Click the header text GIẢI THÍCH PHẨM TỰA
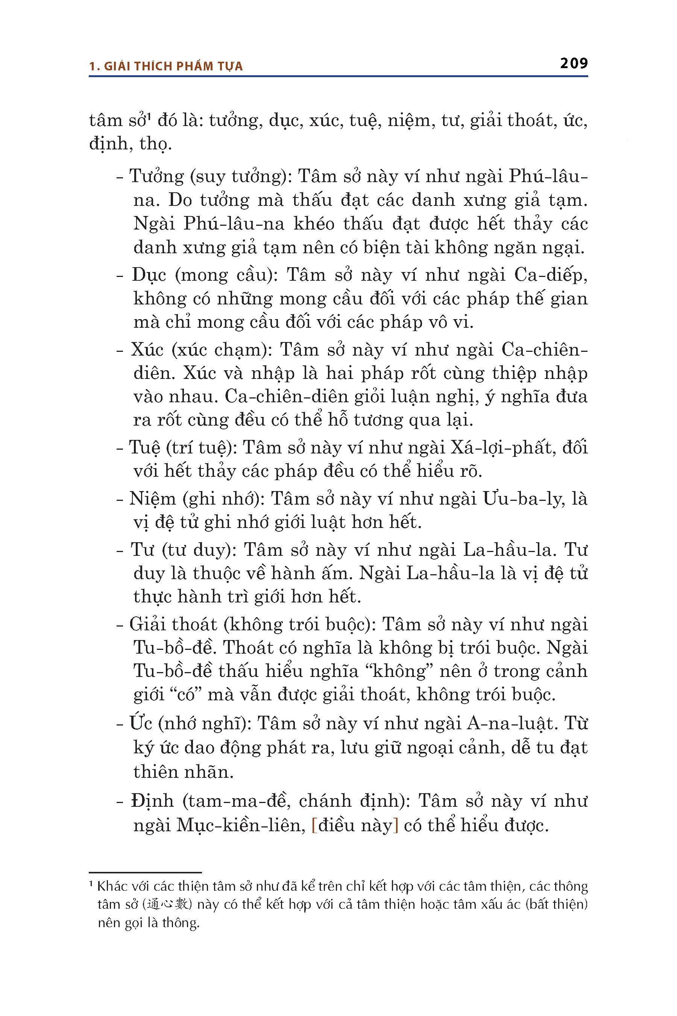coord(173,66)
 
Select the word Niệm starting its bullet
coord(152,499)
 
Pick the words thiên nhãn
coord(183,772)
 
